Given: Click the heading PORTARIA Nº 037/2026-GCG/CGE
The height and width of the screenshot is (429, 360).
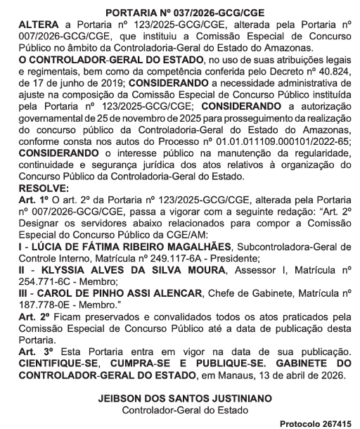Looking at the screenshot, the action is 179,12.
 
